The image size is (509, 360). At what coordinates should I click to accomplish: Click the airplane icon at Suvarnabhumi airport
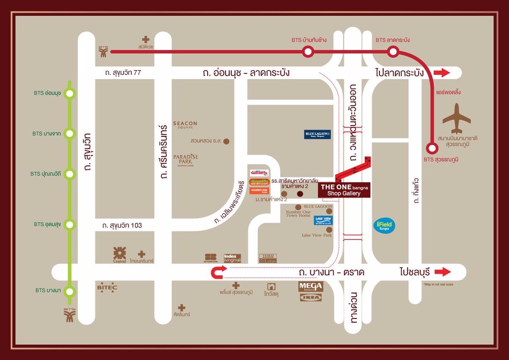click(457, 119)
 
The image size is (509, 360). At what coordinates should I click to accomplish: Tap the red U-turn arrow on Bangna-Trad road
click(218, 272)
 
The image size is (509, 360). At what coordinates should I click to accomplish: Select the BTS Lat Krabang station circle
click(393, 52)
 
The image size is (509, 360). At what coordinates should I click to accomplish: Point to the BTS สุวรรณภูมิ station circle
click(433, 148)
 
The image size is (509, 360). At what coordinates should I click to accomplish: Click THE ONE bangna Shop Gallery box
click(344, 190)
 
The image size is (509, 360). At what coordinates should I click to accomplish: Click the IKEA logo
click(310, 297)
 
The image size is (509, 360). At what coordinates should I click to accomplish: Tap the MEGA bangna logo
click(311, 286)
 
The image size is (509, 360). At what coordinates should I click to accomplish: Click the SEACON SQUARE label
click(185, 125)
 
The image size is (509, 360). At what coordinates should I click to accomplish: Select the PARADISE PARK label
click(185, 159)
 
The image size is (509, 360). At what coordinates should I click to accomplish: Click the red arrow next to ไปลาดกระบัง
click(442, 73)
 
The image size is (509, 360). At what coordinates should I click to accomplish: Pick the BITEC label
click(107, 288)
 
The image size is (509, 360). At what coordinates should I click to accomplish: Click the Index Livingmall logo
click(230, 258)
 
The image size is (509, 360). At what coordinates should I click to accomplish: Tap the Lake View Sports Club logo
click(323, 221)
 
